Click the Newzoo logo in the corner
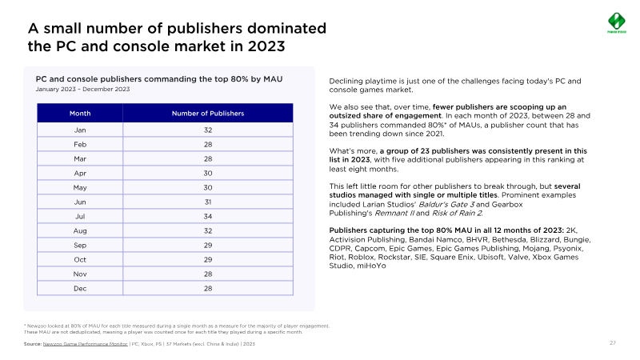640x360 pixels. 616,23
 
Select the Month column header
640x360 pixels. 80,114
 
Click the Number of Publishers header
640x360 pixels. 208,114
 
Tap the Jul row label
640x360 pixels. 80,216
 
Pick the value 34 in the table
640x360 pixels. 208,216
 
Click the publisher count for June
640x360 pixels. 208,202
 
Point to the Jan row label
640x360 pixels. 80,130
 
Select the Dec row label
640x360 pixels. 80,289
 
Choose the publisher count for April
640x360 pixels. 208,173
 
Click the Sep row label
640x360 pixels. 80,246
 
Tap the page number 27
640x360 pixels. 613,343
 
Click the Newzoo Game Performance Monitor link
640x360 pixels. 86,344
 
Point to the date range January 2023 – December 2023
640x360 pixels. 82,89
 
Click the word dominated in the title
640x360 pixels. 286,28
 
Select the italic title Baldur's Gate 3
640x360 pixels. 446,205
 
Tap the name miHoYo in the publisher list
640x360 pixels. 371,266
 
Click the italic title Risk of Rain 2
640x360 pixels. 457,213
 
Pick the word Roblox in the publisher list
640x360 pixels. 361,257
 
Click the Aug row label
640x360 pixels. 80,231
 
